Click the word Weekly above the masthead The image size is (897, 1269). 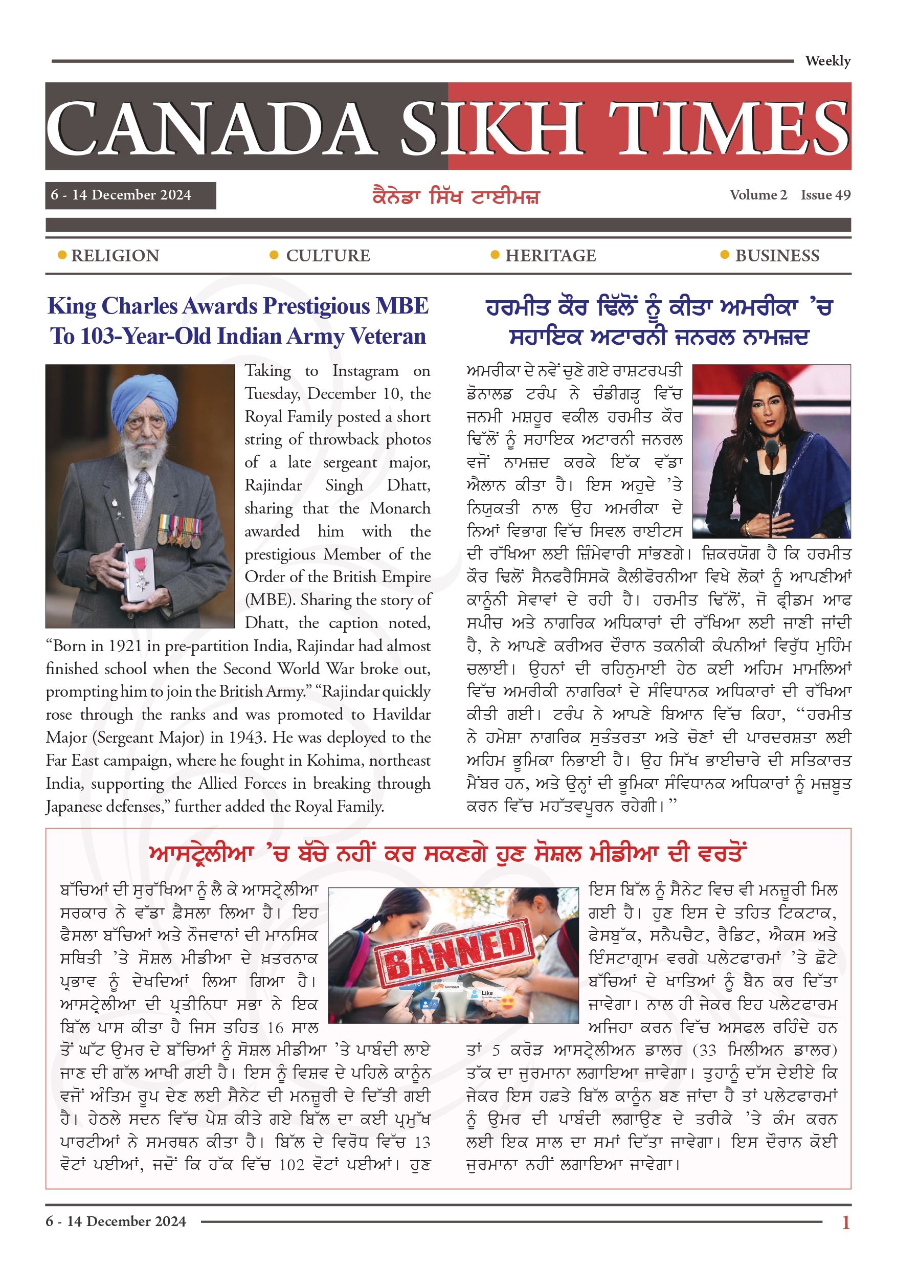coord(827,61)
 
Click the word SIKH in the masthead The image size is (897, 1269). coord(492,128)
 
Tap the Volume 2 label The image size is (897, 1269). coord(758,195)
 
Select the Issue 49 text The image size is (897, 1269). coord(825,195)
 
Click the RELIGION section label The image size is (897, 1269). coord(115,256)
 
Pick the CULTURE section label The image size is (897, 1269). coord(328,256)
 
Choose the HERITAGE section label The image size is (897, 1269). coord(550,256)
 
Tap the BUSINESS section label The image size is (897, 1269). coord(776,256)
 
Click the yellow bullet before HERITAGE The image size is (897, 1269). coord(495,255)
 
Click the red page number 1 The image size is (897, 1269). coord(845,1222)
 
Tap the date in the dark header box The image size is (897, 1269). coord(121,195)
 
